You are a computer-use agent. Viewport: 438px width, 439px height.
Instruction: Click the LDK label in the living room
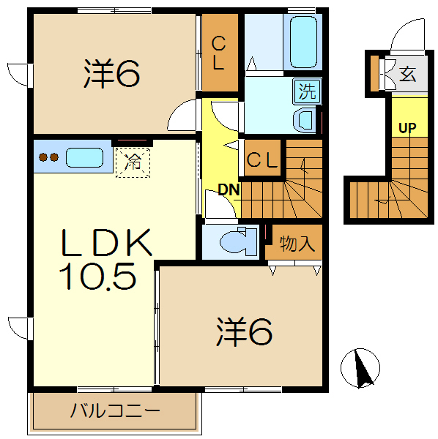106,242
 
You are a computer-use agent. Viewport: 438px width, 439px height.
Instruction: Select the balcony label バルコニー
114,410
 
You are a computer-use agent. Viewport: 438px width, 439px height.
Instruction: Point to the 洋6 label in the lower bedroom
243,331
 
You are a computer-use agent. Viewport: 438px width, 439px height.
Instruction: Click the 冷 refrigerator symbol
133,161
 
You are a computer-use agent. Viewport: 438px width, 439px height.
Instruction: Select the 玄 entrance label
407,73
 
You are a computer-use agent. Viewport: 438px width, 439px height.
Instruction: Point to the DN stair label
229,190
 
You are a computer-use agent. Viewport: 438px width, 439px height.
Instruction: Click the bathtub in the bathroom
302,42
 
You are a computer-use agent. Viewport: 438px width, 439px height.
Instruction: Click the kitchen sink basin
86,157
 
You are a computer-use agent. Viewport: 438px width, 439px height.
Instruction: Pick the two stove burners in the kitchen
49,157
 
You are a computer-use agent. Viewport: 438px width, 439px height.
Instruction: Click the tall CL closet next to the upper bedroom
219,53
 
